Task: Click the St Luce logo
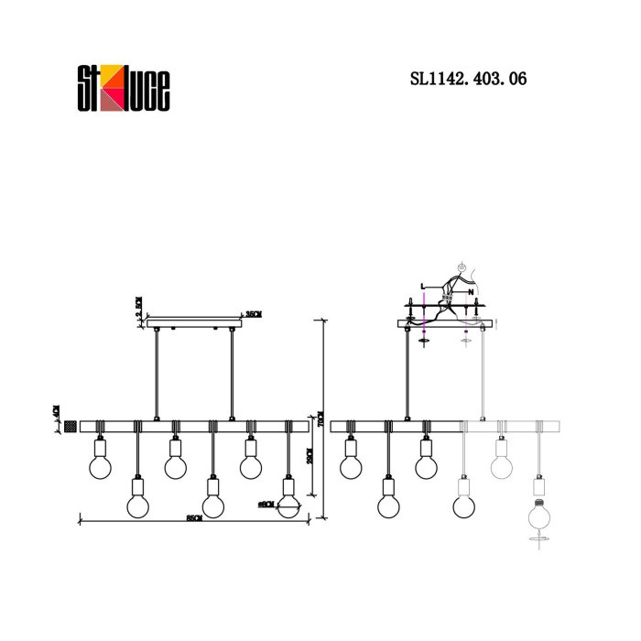121,87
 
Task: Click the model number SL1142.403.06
466,80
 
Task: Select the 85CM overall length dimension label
193,518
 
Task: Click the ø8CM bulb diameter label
266,504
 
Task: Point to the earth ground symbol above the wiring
463,268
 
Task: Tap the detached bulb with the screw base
540,515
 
